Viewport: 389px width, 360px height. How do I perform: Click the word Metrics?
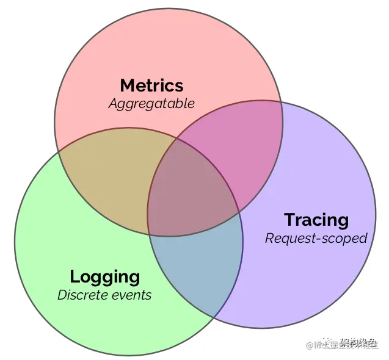point(151,85)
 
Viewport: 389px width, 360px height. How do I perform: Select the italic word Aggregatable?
point(151,103)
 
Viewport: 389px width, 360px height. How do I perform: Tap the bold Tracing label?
point(316,220)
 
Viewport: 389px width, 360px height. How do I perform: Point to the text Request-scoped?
point(316,238)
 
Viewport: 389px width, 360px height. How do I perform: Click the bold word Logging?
point(104,276)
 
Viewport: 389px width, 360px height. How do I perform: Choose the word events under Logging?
point(132,295)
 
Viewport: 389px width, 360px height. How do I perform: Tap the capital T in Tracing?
point(289,220)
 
